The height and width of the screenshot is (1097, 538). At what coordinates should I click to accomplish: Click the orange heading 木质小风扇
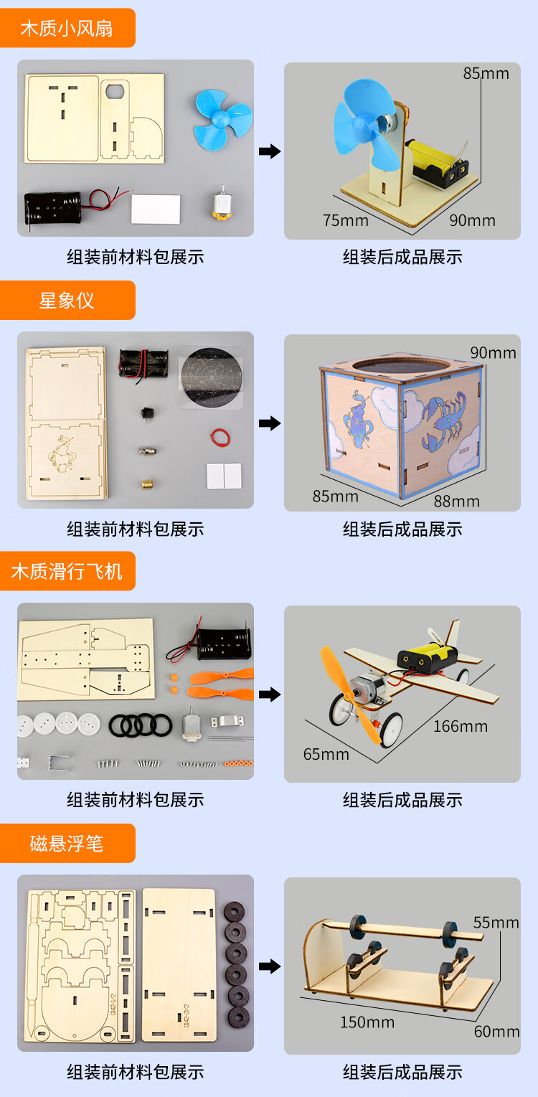(x=67, y=29)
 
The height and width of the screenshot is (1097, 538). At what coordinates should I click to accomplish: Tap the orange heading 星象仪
(x=67, y=300)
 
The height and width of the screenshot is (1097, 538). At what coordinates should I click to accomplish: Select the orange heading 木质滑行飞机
(x=67, y=571)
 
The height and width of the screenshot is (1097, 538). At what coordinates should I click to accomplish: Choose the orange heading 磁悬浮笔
(x=67, y=843)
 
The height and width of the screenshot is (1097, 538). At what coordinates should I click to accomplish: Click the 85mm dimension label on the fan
(x=486, y=73)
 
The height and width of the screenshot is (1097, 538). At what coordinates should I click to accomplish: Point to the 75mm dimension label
(x=346, y=220)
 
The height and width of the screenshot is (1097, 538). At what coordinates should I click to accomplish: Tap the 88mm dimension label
(x=456, y=501)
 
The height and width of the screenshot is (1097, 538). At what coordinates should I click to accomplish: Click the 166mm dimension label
(x=460, y=726)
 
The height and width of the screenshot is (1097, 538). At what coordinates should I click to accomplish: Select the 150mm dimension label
(x=367, y=1022)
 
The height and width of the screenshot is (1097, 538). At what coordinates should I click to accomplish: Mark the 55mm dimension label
(x=496, y=922)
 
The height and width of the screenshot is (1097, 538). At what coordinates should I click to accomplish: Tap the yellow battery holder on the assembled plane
(x=428, y=655)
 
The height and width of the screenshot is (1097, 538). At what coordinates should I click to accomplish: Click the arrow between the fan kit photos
(x=269, y=151)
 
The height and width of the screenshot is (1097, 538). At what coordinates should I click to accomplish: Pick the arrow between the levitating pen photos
(x=269, y=966)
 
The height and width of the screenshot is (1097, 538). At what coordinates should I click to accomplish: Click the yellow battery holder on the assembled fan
(x=434, y=162)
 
